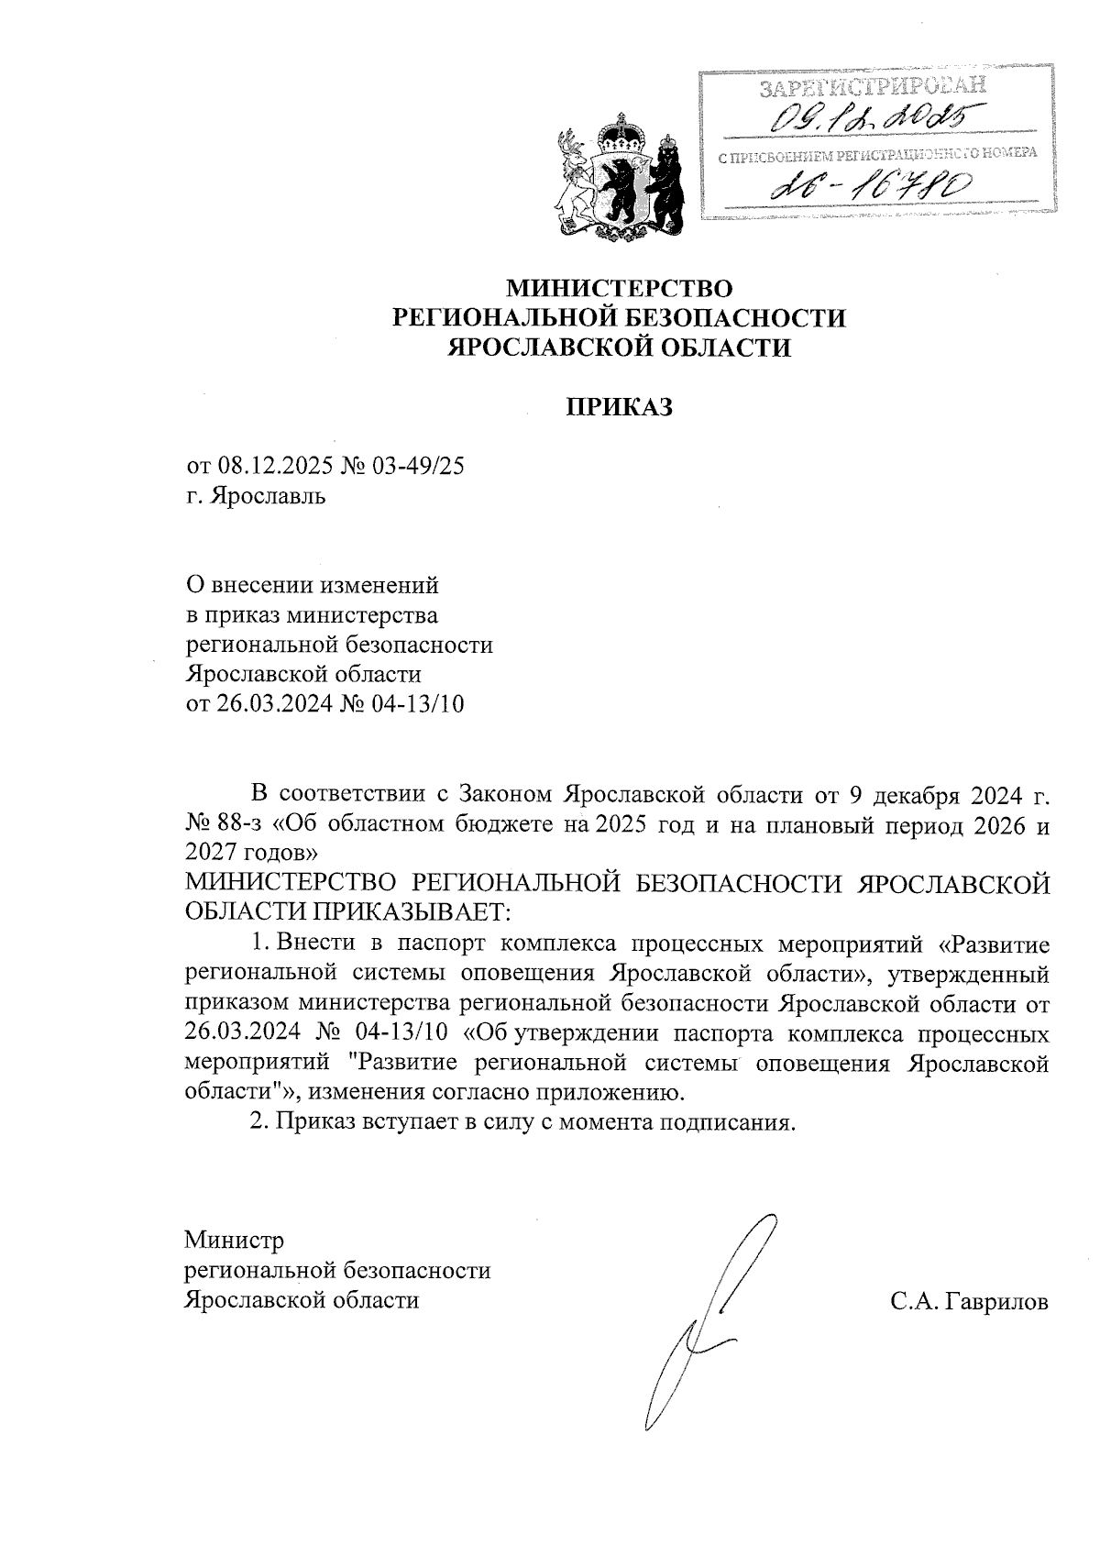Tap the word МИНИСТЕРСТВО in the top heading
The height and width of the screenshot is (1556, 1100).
coord(621,289)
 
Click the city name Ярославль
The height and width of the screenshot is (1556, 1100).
coord(268,497)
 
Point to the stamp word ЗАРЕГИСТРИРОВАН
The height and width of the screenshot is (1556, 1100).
coord(875,87)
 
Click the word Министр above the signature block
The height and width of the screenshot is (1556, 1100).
coord(235,1241)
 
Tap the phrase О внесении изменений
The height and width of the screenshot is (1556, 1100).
coord(313,585)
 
